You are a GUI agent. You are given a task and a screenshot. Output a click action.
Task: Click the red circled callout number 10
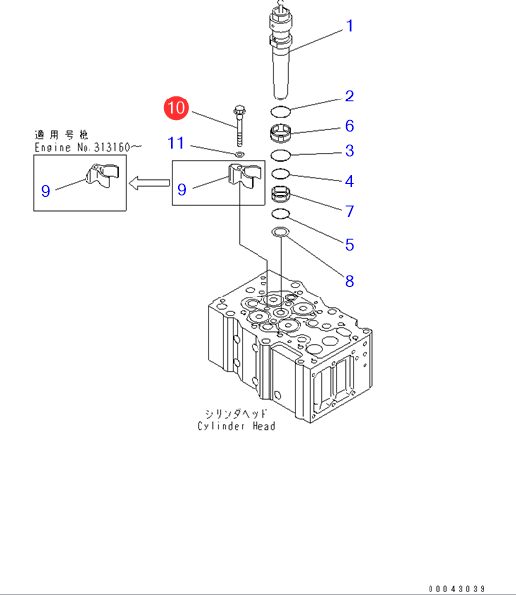coord(176,108)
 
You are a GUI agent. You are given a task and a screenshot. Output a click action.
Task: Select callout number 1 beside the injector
coord(350,26)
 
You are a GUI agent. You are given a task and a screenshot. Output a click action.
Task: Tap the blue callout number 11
coord(176,143)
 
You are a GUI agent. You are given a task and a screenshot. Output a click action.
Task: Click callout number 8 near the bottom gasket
coord(350,281)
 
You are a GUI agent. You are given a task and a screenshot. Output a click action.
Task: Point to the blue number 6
coord(350,126)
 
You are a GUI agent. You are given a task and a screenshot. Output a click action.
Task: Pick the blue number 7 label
coord(350,211)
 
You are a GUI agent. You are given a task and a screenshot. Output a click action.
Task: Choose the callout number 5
coord(350,245)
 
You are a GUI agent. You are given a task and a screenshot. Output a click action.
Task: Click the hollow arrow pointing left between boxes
coord(149,183)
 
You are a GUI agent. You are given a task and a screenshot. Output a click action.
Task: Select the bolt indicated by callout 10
coord(239,126)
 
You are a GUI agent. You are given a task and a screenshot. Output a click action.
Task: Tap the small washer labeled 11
coord(240,154)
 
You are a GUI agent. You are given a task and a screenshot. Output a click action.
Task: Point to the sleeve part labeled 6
coord(281,133)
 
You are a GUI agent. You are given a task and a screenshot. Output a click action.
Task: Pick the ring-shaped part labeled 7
coord(281,194)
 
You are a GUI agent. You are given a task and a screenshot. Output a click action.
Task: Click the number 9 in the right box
coord(182,189)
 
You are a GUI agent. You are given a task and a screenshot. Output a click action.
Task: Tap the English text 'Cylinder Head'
coord(237,426)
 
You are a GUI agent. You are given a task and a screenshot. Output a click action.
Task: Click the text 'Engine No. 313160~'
coord(87,147)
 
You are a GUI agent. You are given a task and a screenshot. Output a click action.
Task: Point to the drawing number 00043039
coord(457,589)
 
